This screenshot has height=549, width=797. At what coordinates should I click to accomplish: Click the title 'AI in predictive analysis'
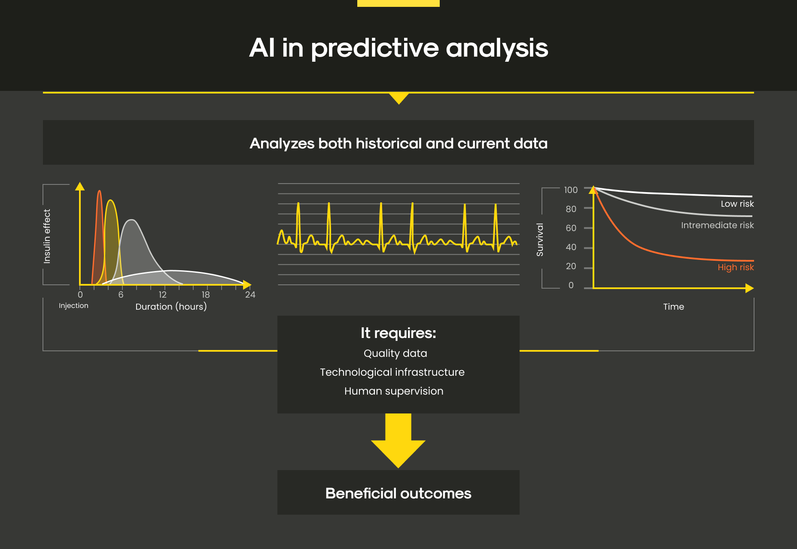coord(398,48)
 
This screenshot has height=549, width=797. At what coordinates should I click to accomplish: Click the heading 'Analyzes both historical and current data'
coord(398,143)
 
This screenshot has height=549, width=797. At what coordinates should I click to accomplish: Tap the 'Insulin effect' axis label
coord(47,236)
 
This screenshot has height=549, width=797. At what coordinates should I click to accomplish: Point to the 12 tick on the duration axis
coord(162,295)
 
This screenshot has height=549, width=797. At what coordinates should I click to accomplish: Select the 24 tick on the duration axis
coord(250,295)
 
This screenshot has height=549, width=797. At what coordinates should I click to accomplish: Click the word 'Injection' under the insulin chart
coord(73,305)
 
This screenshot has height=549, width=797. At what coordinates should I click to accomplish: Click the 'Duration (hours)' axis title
coord(171,307)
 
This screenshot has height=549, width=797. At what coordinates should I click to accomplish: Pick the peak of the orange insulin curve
coord(99,191)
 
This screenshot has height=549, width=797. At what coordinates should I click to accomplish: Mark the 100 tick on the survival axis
coord(571,190)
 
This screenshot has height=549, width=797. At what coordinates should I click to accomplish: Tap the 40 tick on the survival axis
coord(571,247)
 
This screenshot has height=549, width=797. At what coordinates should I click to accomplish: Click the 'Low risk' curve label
coord(737,204)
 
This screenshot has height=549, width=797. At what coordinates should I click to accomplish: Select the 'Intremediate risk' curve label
coord(717,225)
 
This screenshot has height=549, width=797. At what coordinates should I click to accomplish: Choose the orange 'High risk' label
coord(736,267)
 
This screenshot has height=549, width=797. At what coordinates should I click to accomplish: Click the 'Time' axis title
coord(673,307)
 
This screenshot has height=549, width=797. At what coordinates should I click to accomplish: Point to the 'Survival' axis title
coord(540,240)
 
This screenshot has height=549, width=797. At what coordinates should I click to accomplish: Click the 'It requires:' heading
coord(398,333)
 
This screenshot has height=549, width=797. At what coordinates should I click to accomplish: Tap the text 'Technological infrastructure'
coord(392,372)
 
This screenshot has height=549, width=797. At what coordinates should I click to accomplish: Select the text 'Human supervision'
coord(394,391)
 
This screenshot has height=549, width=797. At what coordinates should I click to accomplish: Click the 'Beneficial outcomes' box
coord(398,492)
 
